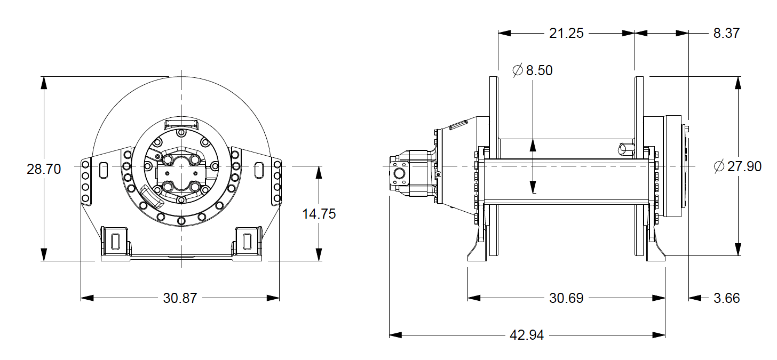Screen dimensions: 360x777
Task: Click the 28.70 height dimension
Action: click(44, 169)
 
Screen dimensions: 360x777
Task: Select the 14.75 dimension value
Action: click(319, 214)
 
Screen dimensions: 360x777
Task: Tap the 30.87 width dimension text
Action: click(180, 298)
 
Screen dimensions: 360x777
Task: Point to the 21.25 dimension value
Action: click(566, 33)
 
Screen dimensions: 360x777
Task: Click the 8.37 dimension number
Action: click(726, 33)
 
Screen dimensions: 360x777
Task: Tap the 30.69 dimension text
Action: click(566, 298)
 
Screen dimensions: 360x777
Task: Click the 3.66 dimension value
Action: click(726, 298)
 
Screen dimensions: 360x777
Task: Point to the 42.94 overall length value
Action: click(527, 335)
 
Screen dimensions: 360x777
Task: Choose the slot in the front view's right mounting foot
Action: click(247, 241)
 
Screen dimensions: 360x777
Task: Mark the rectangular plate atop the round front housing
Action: click(181, 124)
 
